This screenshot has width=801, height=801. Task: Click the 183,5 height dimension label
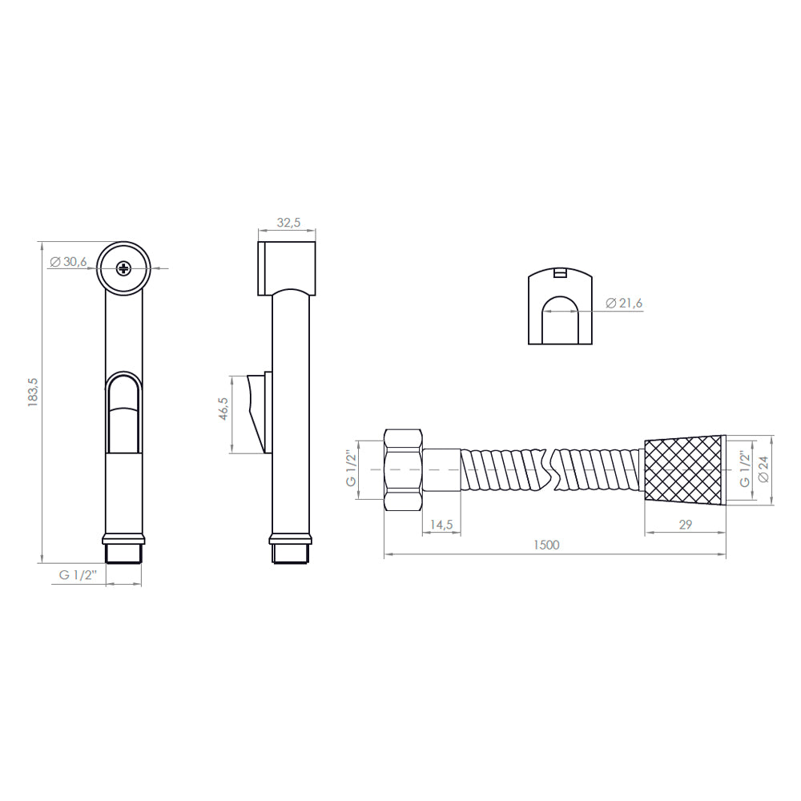33,392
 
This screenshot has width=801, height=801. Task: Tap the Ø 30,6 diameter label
68,262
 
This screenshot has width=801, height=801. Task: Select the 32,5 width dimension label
288,222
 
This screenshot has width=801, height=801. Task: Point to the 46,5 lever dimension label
223,409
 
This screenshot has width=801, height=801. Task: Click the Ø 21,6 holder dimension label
624,303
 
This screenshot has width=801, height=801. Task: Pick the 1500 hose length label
546,545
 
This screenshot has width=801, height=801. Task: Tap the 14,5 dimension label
441,525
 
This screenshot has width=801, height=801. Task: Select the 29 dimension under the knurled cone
686,525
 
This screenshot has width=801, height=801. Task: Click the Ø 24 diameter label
763,469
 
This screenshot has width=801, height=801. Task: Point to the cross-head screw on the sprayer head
123,268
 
